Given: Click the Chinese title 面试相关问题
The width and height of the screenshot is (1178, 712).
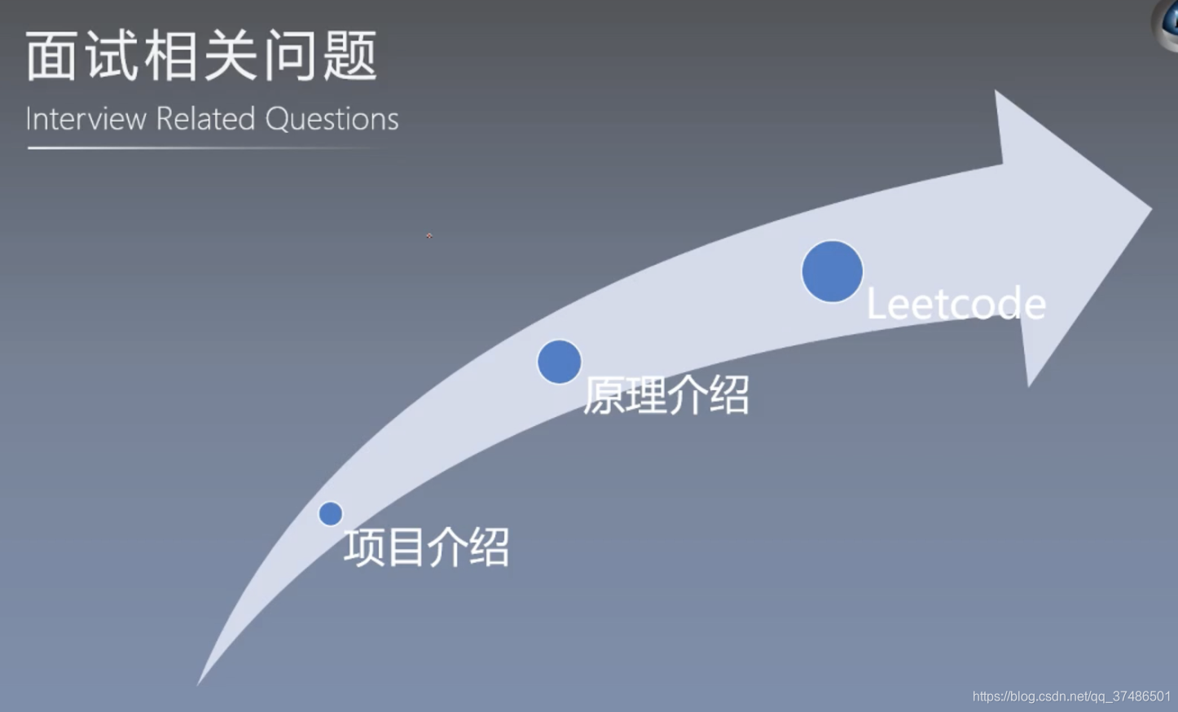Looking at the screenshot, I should coord(201,56).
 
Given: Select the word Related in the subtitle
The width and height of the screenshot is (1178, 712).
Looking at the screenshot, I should coord(205,119).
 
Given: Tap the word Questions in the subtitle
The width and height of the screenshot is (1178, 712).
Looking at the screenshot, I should coord(332,119).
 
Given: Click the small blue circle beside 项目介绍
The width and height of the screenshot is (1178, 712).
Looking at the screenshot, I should coord(331,514).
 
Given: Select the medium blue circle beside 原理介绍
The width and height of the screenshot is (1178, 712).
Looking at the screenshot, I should coord(559,362).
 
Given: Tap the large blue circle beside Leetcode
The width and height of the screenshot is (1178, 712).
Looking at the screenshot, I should coord(832,271).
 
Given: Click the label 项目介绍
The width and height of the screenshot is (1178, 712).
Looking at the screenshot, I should coord(426,547).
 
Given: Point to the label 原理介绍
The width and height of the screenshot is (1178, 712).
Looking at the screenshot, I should coord(666,396).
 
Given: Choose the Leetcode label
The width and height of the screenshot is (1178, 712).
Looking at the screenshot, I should coord(955,305).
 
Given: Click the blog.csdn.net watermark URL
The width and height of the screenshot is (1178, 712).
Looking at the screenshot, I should coord(1070,697).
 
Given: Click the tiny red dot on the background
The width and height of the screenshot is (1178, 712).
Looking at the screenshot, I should coord(429,236).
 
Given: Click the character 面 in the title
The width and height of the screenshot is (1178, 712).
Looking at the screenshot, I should coord(51,56).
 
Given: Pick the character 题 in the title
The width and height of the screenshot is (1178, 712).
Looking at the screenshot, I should coord(350,56).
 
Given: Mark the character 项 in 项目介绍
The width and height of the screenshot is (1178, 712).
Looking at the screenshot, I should coord(363,547).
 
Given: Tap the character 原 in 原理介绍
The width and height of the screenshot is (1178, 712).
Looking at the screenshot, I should coord(604,396).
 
